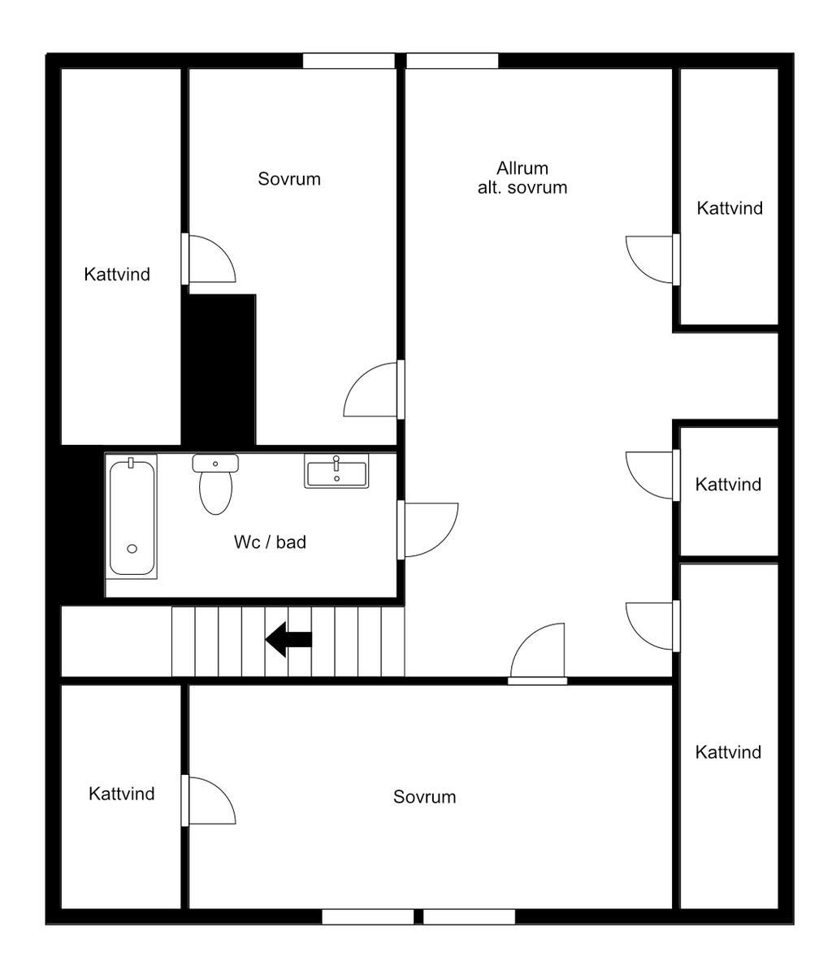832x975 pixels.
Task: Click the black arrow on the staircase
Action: pos(288,639)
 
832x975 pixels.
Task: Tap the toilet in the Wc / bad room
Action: pos(215,485)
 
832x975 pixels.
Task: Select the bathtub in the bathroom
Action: pos(132,516)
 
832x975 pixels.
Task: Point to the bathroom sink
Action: pos(336,471)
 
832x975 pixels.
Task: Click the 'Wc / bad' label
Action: pos(271,542)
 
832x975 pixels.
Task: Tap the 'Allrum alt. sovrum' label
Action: pos(522,178)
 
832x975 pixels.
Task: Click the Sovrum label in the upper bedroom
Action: pos(289,179)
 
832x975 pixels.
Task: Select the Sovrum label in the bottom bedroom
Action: pos(425,797)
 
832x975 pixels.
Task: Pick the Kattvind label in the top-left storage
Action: pos(118,274)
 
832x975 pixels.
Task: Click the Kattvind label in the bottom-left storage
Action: pos(122,794)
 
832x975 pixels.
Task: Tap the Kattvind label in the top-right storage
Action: pos(730,207)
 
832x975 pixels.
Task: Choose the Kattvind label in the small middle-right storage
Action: pos(728,485)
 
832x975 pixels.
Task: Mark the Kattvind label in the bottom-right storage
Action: pos(728,752)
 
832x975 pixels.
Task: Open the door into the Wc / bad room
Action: pos(429,529)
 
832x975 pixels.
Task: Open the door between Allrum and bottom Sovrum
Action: pos(538,652)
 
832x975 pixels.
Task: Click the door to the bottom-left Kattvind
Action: pos(209,801)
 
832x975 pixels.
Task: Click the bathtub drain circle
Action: pos(132,549)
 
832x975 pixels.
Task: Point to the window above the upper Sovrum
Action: pos(349,61)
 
